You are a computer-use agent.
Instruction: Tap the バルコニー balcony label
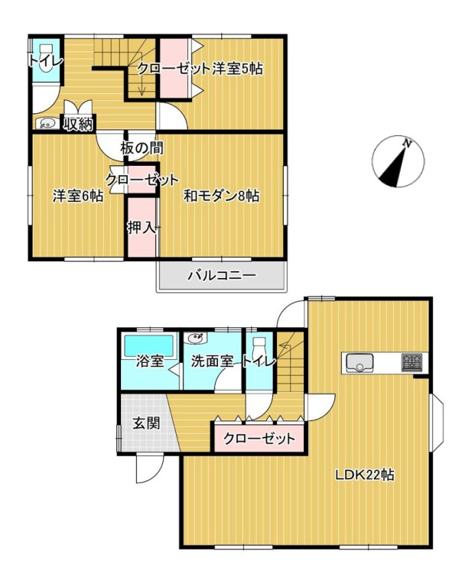222,276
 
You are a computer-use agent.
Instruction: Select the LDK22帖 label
364,475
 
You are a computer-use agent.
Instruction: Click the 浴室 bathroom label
149,361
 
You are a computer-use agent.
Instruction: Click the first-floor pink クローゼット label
259,439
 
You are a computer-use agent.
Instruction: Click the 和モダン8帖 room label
222,196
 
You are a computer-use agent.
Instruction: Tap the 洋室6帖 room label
77,196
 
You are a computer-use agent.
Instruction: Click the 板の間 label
142,147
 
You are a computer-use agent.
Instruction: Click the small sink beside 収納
45,122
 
